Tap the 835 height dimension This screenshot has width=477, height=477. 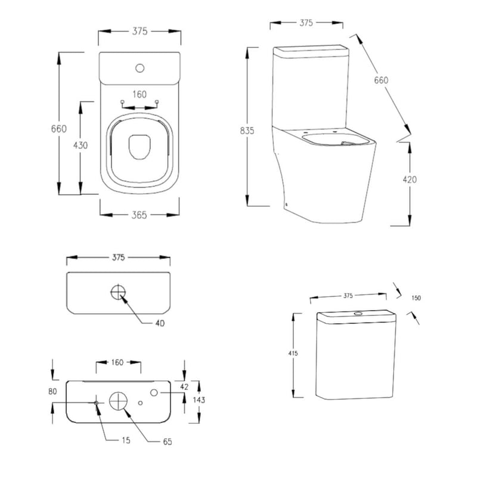(x=246, y=131)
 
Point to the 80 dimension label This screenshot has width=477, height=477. (x=53, y=392)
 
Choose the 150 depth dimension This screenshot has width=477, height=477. (x=416, y=298)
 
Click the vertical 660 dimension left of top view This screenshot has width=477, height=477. (x=58, y=129)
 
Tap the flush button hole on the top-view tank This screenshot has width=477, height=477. (x=141, y=67)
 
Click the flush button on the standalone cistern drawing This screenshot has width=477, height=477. (x=358, y=312)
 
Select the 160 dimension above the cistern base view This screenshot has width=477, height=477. (x=118, y=362)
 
